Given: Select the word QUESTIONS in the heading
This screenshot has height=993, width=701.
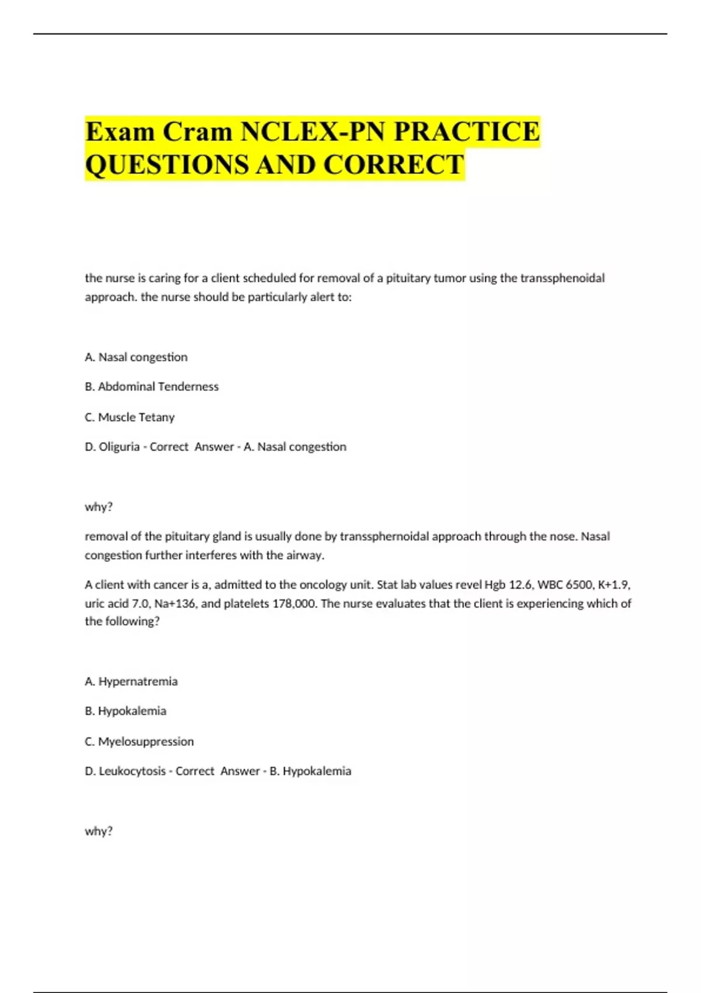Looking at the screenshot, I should click(x=166, y=165).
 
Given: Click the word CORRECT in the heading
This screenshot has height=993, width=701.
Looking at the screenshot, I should click(x=394, y=165).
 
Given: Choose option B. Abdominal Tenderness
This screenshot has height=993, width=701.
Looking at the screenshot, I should click(x=152, y=387).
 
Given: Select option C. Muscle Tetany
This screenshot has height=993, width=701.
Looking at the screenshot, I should click(x=130, y=417).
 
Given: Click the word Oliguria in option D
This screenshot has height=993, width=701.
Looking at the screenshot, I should click(x=119, y=447).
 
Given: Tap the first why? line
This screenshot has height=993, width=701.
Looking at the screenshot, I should click(x=99, y=507).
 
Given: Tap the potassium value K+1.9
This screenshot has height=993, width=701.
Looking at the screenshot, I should click(x=614, y=585).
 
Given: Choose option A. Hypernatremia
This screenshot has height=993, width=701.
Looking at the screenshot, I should click(x=131, y=682).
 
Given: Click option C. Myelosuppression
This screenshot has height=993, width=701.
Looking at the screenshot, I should click(x=139, y=742).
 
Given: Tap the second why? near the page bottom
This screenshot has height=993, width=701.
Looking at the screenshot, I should click(x=99, y=831).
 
